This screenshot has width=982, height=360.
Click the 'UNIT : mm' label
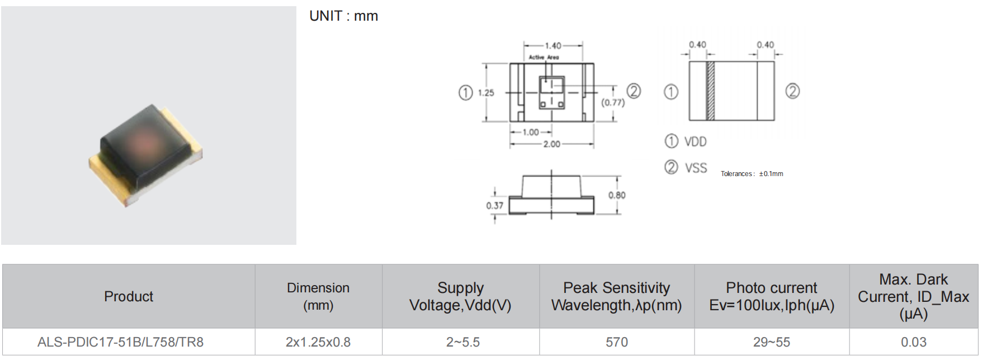click(343, 16)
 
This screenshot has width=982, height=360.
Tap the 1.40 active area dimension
click(553, 46)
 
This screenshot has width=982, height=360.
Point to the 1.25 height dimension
click(486, 93)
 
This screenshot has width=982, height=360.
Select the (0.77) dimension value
click(613, 102)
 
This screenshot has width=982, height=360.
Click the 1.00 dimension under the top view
click(531, 132)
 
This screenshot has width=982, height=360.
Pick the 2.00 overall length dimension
click(551, 144)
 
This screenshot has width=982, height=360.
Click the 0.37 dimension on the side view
click(494, 206)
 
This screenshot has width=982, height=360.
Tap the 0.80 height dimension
click(617, 195)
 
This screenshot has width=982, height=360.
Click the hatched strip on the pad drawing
click(711, 91)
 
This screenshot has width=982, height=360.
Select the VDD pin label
click(695, 142)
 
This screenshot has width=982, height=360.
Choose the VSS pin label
click(696, 168)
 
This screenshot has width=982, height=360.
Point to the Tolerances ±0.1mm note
click(752, 174)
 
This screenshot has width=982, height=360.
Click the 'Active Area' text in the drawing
click(544, 57)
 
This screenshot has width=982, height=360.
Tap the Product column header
click(129, 296)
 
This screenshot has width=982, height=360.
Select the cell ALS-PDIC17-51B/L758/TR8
click(120, 342)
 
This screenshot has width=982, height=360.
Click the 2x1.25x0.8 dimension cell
click(318, 342)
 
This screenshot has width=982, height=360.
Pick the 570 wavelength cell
click(617, 342)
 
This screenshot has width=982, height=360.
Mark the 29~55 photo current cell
click(772, 342)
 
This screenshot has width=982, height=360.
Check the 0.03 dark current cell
click(913, 342)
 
